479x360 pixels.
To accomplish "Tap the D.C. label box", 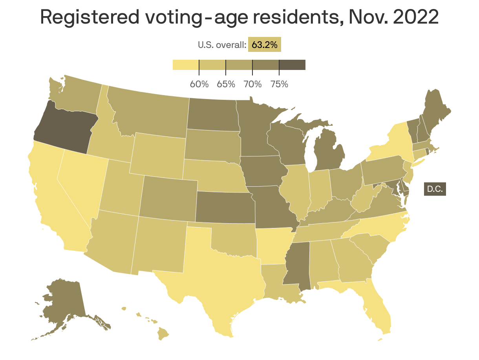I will [x=435, y=189].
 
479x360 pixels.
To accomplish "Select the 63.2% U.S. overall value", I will [x=264, y=44].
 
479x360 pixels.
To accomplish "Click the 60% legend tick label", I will [x=199, y=84].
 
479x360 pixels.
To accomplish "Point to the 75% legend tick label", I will [x=279, y=84].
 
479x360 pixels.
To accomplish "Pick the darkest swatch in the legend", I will [x=292, y=65].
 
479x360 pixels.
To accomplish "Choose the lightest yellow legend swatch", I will [x=186, y=65].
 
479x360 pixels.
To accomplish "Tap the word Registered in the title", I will [x=89, y=18].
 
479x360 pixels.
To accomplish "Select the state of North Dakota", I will [x=212, y=114].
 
